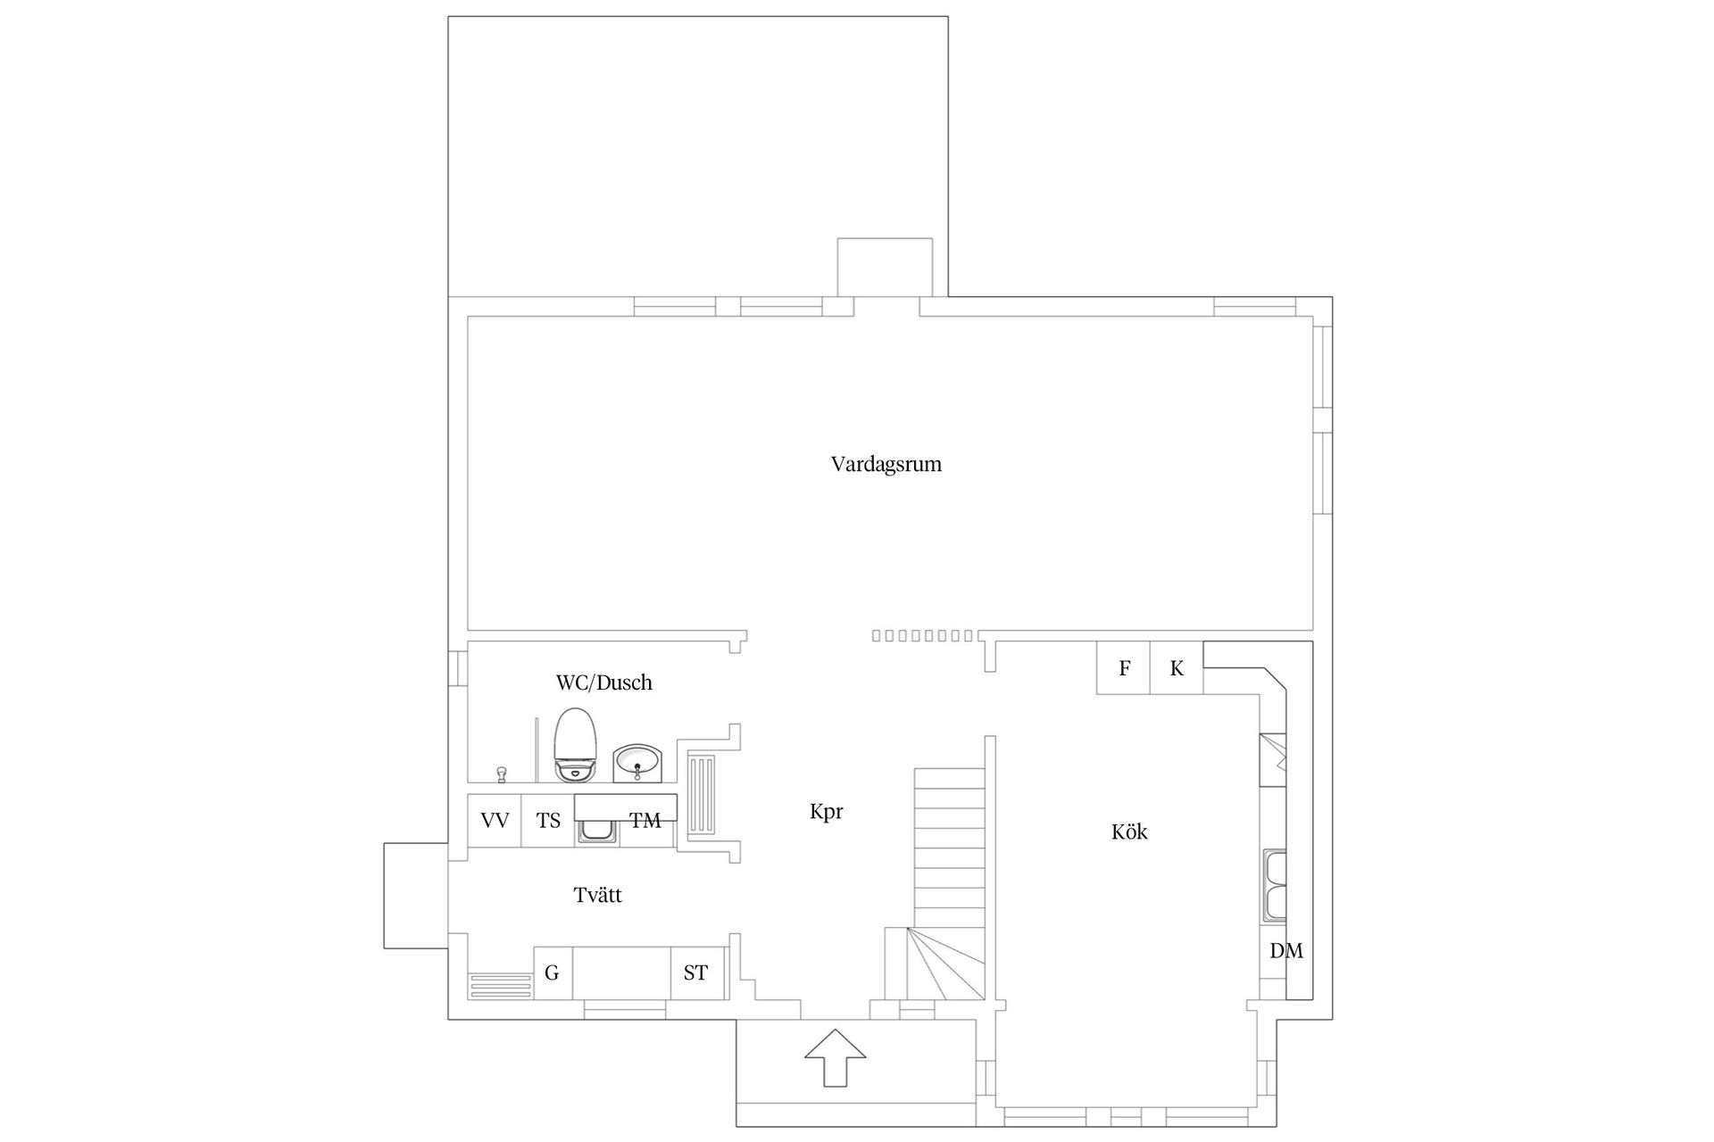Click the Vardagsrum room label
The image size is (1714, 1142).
(x=886, y=465)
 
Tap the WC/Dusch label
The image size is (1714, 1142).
(x=603, y=683)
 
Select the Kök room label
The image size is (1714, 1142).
(x=1129, y=832)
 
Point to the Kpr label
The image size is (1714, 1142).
(x=826, y=813)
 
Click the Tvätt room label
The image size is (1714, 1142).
(x=597, y=895)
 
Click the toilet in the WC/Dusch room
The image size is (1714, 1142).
(x=574, y=745)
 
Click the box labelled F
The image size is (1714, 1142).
(x=1124, y=668)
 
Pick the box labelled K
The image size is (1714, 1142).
(x=1177, y=668)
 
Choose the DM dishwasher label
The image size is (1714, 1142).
(x=1285, y=951)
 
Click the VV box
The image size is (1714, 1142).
(x=495, y=821)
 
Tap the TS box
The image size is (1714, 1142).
(x=548, y=821)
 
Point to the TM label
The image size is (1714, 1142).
(x=645, y=821)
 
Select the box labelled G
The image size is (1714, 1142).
(x=553, y=973)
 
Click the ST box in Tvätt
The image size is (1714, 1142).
(x=696, y=973)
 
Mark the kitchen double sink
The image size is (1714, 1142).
(x=1275, y=886)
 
